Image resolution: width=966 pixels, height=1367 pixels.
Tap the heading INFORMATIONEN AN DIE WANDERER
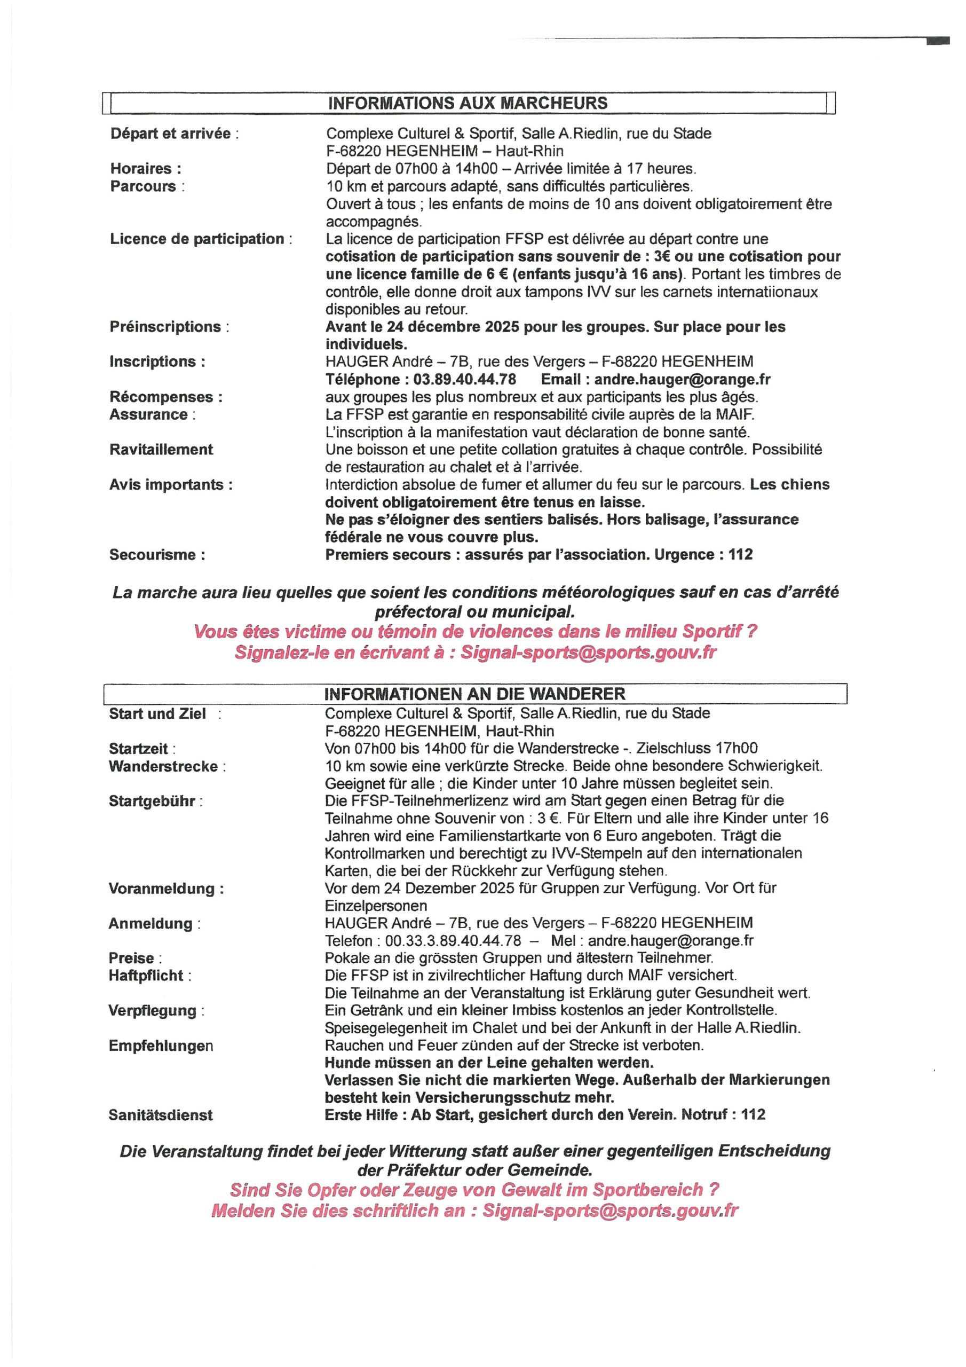[x=474, y=694]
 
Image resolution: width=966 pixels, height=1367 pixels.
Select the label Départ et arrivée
[x=171, y=133]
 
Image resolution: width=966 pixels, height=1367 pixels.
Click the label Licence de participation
[x=197, y=239]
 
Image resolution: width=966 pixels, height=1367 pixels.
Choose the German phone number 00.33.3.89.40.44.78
[x=453, y=941]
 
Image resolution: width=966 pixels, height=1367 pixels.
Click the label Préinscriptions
[x=165, y=327]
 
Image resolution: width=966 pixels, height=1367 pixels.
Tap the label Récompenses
[x=166, y=397]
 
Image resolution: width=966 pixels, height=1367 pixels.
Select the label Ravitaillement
[x=161, y=450]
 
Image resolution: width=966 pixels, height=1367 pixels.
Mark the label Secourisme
[x=157, y=555]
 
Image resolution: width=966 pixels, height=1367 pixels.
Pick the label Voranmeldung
[x=166, y=889]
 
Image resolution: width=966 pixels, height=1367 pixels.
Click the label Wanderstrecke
[x=164, y=766]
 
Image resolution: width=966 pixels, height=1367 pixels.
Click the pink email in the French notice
[x=588, y=653]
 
